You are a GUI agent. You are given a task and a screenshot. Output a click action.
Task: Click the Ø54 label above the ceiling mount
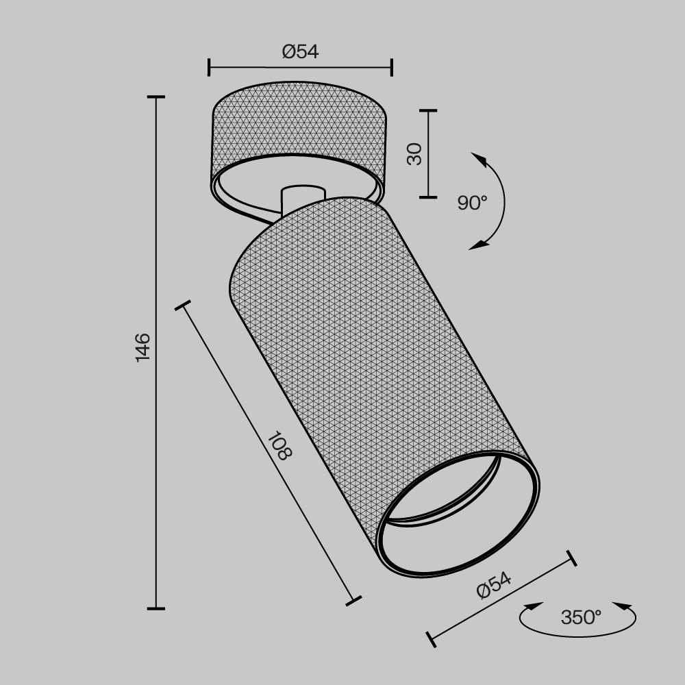[x=300, y=51]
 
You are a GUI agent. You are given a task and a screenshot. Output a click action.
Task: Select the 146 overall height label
[x=142, y=347]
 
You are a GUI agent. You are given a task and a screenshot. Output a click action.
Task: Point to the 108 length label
[x=279, y=446]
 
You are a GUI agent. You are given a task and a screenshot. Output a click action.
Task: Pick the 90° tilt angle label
[x=473, y=203]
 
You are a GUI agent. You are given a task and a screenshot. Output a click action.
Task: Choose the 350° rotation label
[x=581, y=617]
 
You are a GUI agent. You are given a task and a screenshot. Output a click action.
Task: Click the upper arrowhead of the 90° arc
[x=480, y=161]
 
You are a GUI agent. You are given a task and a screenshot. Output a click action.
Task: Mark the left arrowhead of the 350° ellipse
[x=532, y=606]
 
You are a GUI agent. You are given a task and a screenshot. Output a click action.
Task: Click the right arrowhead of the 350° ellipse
[x=623, y=606]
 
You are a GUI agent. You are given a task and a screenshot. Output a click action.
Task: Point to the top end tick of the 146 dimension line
[x=156, y=97]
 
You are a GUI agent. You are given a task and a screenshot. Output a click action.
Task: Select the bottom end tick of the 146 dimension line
[x=156, y=608]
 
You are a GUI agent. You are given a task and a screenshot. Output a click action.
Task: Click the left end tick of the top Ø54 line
[x=209, y=67]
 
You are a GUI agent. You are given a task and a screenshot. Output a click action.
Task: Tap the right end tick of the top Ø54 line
[x=392, y=67]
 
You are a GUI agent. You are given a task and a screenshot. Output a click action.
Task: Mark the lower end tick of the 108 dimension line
[x=353, y=601]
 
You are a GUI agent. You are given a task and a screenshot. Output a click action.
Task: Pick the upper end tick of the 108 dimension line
[x=183, y=306]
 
